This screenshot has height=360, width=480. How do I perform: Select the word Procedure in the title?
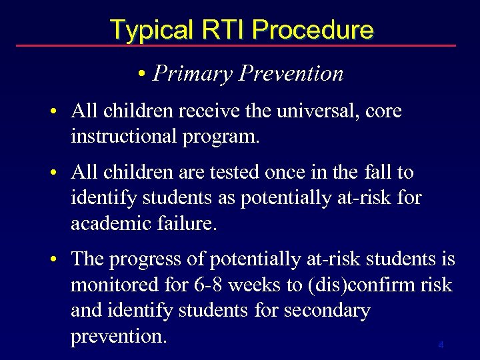point(313,30)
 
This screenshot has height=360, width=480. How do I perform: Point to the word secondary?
point(329,311)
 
